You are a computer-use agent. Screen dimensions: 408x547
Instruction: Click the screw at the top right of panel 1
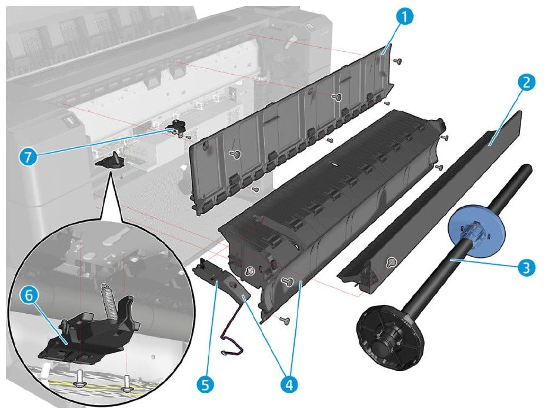(398, 61)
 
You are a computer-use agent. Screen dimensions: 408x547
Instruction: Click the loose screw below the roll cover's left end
(285, 320)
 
